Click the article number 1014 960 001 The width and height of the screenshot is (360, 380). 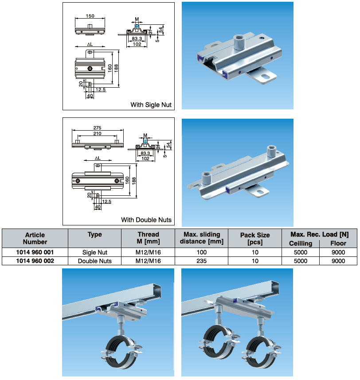35,252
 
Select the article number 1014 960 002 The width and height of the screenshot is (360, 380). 35,261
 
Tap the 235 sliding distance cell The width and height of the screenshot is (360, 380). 202,261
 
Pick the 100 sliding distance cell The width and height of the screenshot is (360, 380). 202,252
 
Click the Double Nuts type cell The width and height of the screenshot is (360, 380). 94,261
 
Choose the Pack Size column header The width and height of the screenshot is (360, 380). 255,238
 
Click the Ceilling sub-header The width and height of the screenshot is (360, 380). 301,243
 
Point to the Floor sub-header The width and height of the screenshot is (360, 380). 338,243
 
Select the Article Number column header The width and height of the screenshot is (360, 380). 35,238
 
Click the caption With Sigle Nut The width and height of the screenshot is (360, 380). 151,105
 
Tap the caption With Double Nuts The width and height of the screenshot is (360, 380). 146,220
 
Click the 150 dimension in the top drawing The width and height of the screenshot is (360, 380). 90,16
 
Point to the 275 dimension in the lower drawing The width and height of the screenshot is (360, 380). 97,128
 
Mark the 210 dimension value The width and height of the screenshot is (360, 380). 97,134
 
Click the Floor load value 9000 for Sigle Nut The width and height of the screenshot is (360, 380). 338,252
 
